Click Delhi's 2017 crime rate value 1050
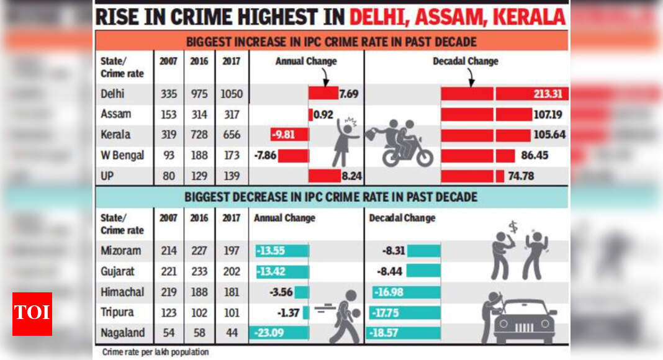pyautogui.click(x=232, y=95)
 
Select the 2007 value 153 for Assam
pyautogui.click(x=168, y=115)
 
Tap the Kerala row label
pyautogui.click(x=115, y=135)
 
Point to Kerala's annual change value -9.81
pyautogui.click(x=282, y=135)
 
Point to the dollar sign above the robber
pyautogui.click(x=513, y=228)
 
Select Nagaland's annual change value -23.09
pyautogui.click(x=268, y=333)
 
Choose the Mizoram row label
pyautogui.click(x=120, y=251)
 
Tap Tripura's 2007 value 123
pyautogui.click(x=168, y=312)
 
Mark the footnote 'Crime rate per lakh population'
pyautogui.click(x=155, y=352)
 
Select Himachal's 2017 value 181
pyautogui.click(x=232, y=292)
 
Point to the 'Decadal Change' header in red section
pyautogui.click(x=465, y=61)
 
